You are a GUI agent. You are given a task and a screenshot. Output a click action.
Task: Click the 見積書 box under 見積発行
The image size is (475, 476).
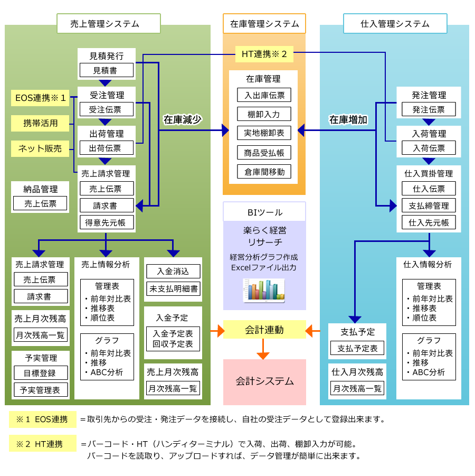(106, 70)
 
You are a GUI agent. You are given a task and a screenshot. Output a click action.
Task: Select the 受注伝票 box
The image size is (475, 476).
(106, 109)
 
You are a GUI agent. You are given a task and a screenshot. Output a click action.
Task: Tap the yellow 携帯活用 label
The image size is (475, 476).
(40, 124)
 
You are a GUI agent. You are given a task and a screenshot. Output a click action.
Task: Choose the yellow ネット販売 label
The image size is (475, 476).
(40, 148)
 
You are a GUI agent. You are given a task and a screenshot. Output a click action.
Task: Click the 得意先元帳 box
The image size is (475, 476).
(106, 222)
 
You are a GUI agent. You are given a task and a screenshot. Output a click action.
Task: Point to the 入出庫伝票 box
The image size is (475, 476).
(264, 96)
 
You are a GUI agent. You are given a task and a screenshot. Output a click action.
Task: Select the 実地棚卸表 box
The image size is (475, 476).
(264, 133)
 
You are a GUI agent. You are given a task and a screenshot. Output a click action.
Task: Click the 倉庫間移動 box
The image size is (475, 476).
(264, 172)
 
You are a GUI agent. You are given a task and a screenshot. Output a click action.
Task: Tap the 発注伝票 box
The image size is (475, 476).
(429, 109)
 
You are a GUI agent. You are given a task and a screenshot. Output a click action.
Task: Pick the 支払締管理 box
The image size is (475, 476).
(429, 206)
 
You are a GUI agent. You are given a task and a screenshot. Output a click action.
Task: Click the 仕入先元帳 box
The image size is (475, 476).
(429, 222)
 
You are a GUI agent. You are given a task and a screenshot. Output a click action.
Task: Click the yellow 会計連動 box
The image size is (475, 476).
(264, 330)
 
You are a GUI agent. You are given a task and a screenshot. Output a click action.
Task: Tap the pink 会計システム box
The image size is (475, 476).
(264, 381)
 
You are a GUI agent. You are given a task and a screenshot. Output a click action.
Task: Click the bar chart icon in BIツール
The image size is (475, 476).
(264, 290)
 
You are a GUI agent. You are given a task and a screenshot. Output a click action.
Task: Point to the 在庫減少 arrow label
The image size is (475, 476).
(183, 119)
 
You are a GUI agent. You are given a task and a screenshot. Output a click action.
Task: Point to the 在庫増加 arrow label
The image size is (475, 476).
(348, 119)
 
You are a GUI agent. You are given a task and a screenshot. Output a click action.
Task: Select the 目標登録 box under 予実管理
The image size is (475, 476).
(41, 372)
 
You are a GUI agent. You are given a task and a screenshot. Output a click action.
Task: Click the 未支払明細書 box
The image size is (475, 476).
(173, 288)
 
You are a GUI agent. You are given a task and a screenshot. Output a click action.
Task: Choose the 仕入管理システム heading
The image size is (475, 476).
(395, 24)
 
